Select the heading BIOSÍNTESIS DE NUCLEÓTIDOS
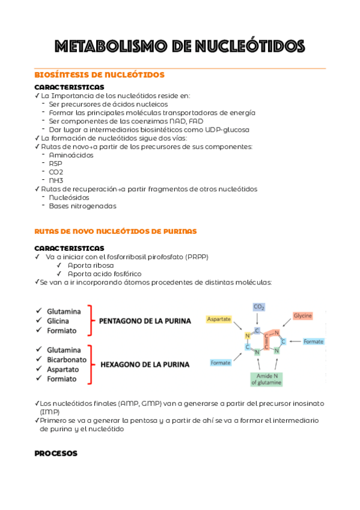click(99, 75)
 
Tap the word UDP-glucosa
click(228, 129)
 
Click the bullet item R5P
click(55, 164)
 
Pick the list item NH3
click(56, 180)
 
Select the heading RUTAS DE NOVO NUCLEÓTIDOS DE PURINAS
click(115, 231)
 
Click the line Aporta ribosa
click(91, 265)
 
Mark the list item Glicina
click(59, 321)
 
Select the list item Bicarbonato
click(67, 360)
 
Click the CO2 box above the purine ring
click(258, 307)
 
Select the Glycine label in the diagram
click(302, 316)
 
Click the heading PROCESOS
click(56, 454)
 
